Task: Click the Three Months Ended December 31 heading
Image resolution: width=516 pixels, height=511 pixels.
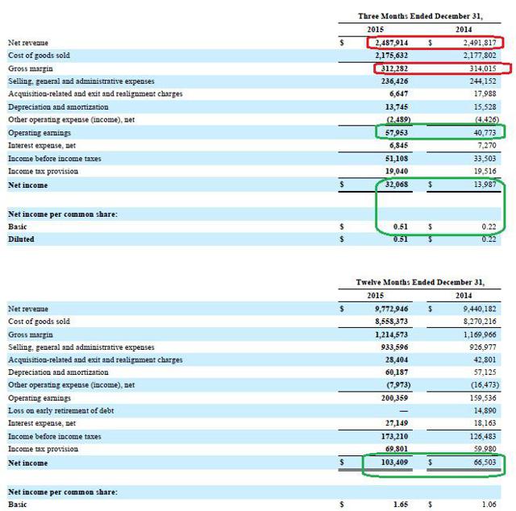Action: point(420,16)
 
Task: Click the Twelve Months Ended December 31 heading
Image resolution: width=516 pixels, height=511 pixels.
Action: point(420,282)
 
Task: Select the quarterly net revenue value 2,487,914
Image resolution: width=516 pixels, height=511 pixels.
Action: point(392,43)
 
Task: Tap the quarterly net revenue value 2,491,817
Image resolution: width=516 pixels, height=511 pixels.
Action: point(480,43)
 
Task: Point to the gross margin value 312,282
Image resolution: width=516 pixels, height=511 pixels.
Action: point(394,69)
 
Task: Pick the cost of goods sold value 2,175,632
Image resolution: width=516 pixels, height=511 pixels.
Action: point(392,56)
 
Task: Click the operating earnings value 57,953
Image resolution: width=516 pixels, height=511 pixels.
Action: point(397,133)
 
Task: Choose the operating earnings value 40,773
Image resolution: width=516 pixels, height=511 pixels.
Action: point(485,133)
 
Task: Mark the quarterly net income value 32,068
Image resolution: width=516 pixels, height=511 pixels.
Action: point(397,185)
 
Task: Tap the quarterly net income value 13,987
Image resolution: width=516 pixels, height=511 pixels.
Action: point(485,185)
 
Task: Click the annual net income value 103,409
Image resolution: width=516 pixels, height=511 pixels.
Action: point(394,463)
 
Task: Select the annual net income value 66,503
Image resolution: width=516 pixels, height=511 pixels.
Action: point(485,463)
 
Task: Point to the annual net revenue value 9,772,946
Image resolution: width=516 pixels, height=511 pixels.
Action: point(392,309)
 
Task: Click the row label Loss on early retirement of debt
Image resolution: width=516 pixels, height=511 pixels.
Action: point(61,410)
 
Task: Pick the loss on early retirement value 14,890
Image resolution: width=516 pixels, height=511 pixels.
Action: point(485,410)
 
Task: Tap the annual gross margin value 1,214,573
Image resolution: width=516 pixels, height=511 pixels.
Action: point(392,334)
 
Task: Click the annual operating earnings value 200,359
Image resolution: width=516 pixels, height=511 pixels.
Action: point(394,398)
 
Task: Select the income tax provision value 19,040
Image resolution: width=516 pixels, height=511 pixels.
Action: point(397,171)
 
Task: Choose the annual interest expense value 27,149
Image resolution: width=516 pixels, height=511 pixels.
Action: point(397,423)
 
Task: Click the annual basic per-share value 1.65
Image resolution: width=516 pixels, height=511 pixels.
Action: point(401,505)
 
